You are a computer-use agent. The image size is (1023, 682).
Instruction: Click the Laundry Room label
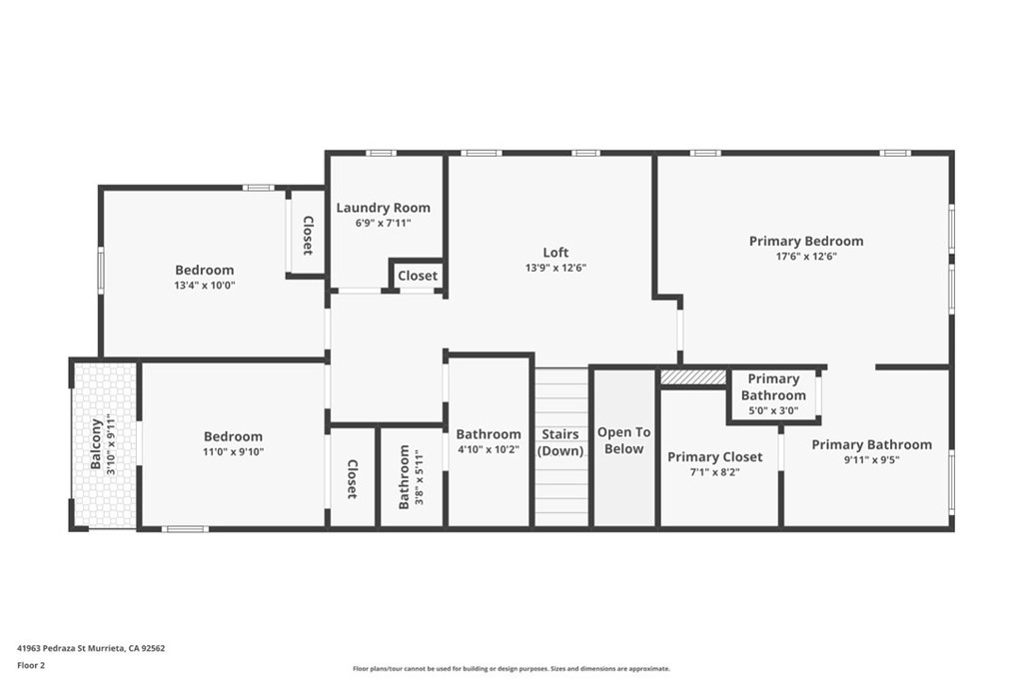pos(383,208)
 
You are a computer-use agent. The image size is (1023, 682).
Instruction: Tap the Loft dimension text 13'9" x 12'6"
pos(555,268)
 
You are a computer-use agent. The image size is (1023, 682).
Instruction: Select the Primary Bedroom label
pos(806,242)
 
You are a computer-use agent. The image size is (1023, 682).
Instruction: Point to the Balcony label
pos(96,444)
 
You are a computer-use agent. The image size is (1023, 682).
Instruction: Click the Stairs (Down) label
pos(560,442)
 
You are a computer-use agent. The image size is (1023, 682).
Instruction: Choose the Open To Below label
pos(623,440)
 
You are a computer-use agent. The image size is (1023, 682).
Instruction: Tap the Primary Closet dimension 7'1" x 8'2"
pos(715,472)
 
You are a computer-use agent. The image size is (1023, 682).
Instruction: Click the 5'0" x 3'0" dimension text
pos(773,410)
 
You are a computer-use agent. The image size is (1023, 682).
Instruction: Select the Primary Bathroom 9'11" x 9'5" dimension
pos(871,459)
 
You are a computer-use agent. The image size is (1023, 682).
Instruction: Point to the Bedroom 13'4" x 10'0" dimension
pos(204,285)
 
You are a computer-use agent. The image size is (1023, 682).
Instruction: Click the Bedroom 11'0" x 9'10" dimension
pos(233,452)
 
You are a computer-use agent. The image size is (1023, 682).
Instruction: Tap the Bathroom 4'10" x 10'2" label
pos(489,434)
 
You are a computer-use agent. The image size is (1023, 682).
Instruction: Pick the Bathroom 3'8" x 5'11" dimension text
pos(420,477)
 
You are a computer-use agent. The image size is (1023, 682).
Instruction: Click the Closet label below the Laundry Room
pos(418,276)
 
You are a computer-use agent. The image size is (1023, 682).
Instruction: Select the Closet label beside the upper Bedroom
pos(308,236)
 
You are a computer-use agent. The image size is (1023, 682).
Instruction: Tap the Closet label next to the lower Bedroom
pos(352,479)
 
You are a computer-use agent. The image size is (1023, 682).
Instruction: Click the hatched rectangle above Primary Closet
pos(693,377)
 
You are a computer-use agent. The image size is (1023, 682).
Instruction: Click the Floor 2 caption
pos(31,666)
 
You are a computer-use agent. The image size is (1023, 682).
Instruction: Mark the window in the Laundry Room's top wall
pos(381,153)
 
